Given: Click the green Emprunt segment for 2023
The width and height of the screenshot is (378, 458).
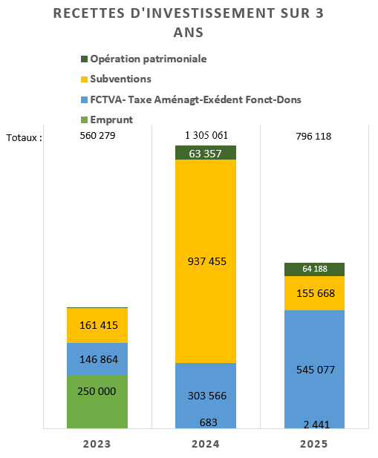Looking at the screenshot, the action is pyautogui.click(x=97, y=402).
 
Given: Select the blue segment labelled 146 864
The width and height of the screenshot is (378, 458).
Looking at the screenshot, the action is pyautogui.click(x=97, y=359).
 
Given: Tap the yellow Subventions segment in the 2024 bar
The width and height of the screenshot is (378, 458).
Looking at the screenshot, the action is pyautogui.click(x=206, y=261).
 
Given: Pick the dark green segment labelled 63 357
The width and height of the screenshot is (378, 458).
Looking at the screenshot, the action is pyautogui.click(x=206, y=152).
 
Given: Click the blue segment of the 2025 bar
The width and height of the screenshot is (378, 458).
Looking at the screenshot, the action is pyautogui.click(x=315, y=369).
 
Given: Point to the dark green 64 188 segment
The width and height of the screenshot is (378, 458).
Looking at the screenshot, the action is pyautogui.click(x=315, y=269).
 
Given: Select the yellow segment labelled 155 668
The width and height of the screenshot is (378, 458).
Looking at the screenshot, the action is pyautogui.click(x=315, y=293).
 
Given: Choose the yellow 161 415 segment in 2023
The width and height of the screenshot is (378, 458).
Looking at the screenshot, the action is pyautogui.click(x=97, y=325).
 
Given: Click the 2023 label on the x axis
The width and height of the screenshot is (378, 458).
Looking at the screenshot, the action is pyautogui.click(x=97, y=444).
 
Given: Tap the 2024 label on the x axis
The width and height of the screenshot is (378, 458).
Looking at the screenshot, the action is pyautogui.click(x=206, y=444).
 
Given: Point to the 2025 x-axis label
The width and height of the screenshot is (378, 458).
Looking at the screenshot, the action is pyautogui.click(x=314, y=444).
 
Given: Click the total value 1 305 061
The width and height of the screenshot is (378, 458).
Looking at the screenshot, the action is pyautogui.click(x=206, y=135).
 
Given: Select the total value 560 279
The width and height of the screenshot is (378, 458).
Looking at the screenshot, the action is pyautogui.click(x=97, y=136).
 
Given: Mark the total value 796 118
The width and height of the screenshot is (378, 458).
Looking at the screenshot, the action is pyautogui.click(x=313, y=136).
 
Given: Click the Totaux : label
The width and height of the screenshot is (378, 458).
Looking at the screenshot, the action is pyautogui.click(x=25, y=137).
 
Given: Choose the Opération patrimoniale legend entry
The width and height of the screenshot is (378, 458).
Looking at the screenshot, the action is pyautogui.click(x=144, y=59).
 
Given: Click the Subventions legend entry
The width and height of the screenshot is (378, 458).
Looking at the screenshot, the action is pyautogui.click(x=116, y=79).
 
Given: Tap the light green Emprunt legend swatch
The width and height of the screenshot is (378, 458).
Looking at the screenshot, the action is pyautogui.click(x=84, y=120).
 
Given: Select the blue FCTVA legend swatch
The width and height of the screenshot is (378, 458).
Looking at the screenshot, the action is pyautogui.click(x=84, y=100).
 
